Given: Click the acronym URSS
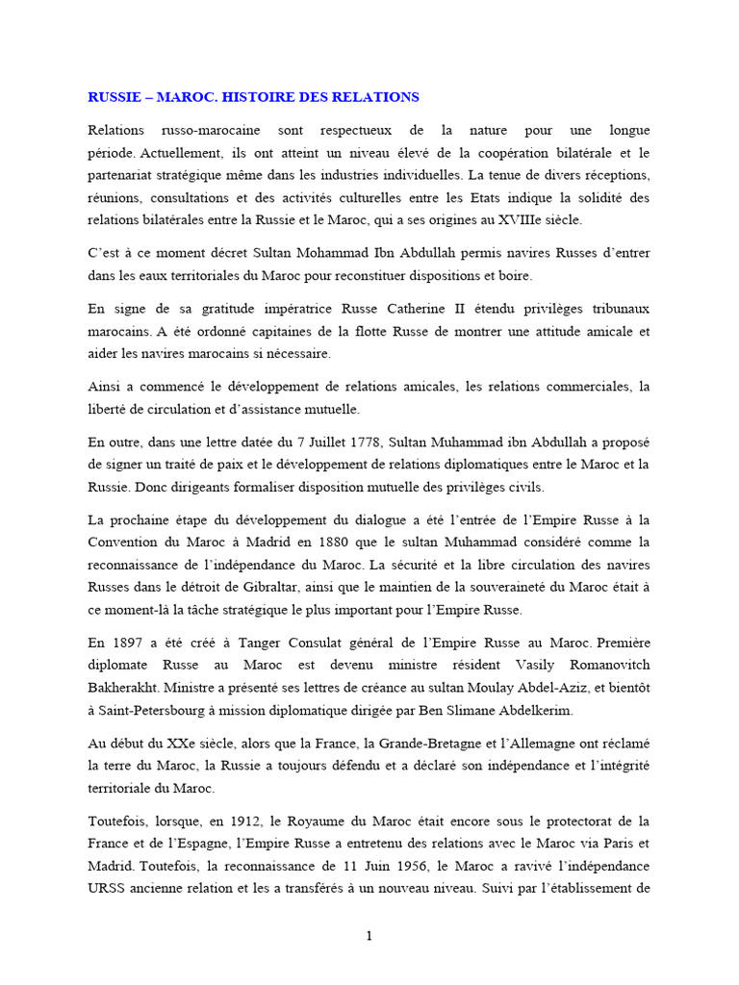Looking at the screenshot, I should pos(107,890).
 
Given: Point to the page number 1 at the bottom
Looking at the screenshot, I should pos(369,939).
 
